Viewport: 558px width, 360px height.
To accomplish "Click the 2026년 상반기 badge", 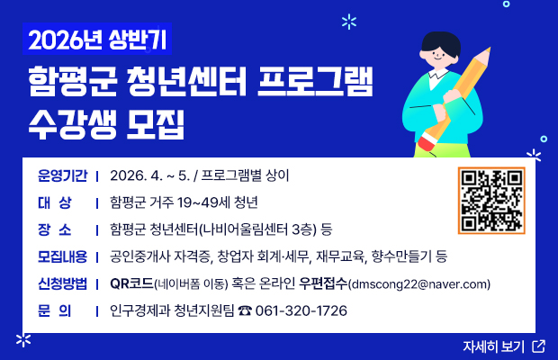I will point(96,40).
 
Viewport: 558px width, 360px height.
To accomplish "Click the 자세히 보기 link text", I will point(493,346).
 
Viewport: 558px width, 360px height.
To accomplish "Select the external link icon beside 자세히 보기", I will point(538,346).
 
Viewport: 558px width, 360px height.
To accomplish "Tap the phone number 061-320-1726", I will point(301,311).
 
